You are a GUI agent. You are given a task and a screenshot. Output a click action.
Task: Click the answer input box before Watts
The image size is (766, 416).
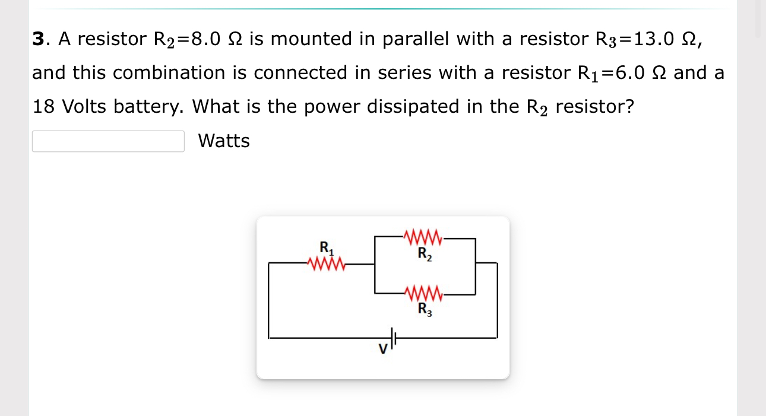[108, 141]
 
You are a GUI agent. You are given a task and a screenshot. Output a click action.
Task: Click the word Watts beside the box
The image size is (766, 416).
[224, 141]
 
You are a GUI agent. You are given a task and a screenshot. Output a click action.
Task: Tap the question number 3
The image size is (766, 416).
[38, 39]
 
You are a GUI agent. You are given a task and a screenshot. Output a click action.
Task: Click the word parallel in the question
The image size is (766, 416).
[418, 39]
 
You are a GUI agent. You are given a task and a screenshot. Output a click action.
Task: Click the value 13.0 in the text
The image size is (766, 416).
[653, 39]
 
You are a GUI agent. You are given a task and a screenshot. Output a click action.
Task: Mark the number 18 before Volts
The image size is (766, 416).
[43, 107]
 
